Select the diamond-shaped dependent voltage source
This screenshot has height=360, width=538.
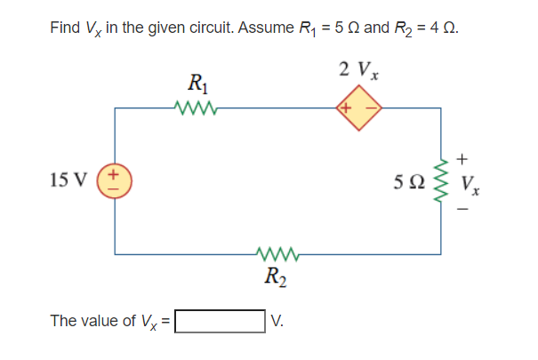click(x=358, y=109)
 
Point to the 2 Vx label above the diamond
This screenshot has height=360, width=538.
click(x=358, y=70)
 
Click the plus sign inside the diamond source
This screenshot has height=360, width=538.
click(x=346, y=109)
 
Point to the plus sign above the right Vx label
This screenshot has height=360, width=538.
click(x=462, y=159)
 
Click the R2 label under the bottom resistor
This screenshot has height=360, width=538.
click(x=277, y=276)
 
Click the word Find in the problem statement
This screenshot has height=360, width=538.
click(x=65, y=28)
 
